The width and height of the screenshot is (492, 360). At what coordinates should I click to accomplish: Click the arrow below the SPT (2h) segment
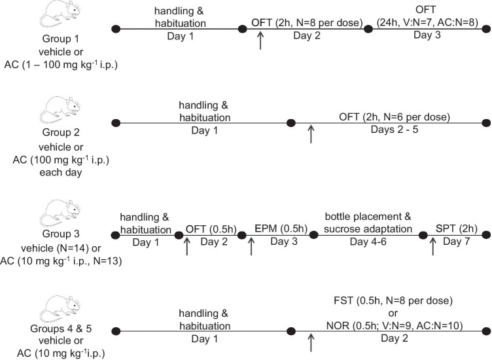[432, 245]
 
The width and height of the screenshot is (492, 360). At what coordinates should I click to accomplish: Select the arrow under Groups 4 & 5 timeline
[311, 342]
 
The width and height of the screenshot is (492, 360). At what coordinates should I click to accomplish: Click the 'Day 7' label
[457, 242]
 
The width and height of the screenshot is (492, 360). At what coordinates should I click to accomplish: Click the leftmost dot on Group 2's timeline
[116, 123]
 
